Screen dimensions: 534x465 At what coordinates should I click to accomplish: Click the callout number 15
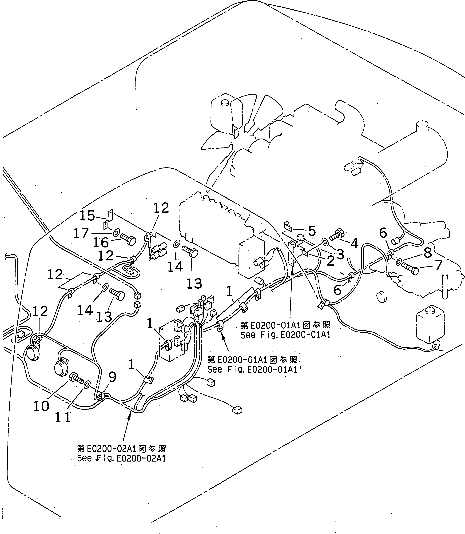tap(87, 216)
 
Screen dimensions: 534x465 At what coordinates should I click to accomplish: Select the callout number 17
tap(81, 234)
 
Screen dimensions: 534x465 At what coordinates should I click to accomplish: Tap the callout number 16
tap(101, 243)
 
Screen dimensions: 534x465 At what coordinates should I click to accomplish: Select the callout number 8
tap(428, 253)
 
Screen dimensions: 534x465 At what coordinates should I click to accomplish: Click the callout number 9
tap(112, 377)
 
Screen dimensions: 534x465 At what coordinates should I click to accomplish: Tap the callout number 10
tap(41, 406)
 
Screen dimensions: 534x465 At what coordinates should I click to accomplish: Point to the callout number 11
tap(63, 418)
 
